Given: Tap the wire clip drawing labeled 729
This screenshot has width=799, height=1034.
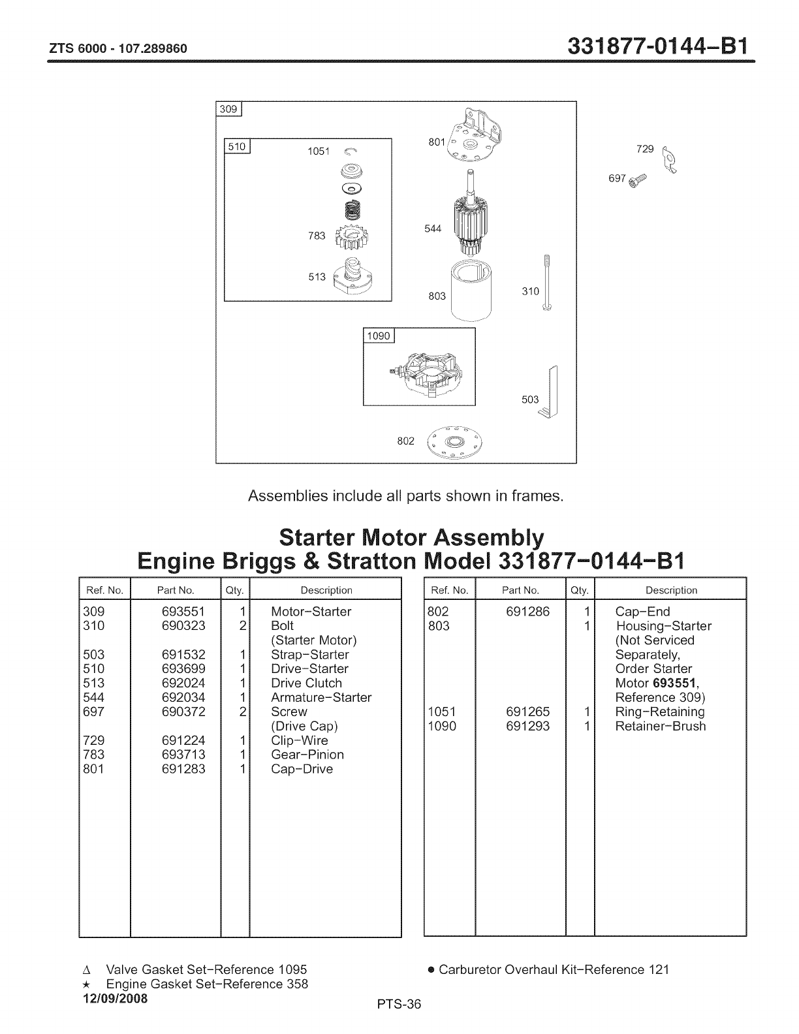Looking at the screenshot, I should pos(669,159).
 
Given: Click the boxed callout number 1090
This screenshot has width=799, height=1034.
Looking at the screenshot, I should pos(379,336).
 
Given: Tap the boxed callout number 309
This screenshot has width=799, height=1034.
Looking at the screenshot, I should pos(228,109).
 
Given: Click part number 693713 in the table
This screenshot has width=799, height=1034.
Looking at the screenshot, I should pos(183,755).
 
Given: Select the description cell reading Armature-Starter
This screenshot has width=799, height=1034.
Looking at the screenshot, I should pos(321,697).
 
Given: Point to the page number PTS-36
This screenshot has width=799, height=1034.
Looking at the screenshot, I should pos(399,1005).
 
